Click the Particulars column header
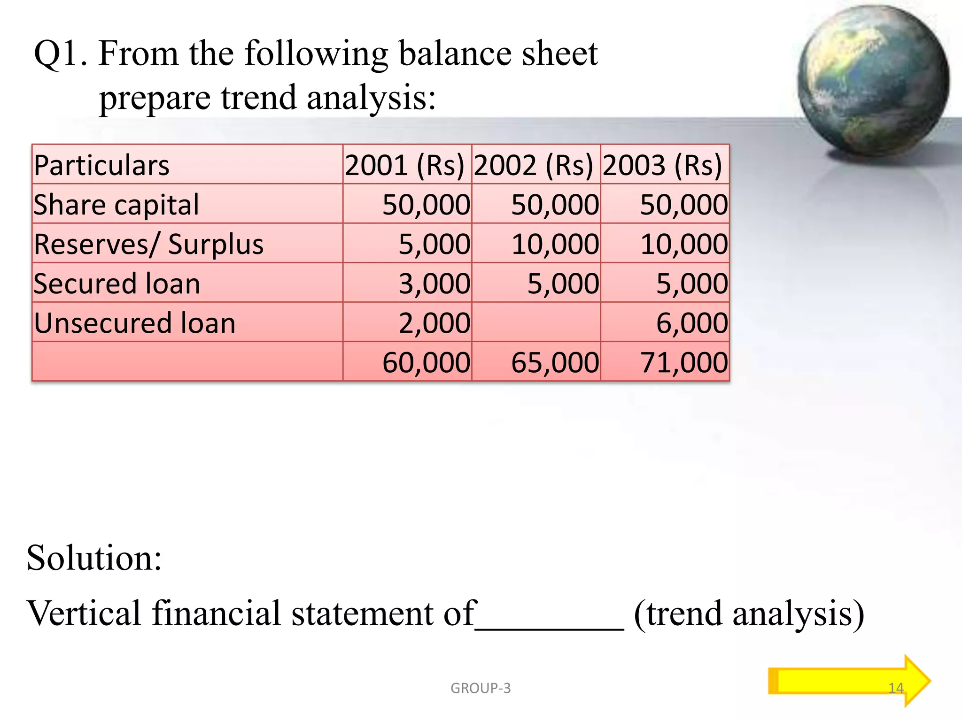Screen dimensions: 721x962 [101, 165]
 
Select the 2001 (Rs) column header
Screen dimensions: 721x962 [404, 165]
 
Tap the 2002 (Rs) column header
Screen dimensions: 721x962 [534, 165]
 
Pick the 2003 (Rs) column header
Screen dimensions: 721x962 [662, 165]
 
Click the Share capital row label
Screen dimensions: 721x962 [116, 205]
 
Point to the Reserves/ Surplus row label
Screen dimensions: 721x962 [148, 244]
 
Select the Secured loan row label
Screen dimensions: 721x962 [117, 284]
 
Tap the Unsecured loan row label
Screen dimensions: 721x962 [134, 323]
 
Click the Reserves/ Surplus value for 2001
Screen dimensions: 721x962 [434, 244]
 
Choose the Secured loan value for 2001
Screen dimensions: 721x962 [434, 284]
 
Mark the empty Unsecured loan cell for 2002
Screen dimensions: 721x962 [536, 322]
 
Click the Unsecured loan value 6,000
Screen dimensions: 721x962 [691, 323]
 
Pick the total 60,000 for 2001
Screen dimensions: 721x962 [426, 362]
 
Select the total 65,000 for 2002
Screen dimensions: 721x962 [555, 362]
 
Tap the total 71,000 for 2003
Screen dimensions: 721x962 [684, 362]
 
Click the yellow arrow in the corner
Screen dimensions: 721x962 [848, 681]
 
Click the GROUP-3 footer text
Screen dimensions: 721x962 [481, 688]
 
